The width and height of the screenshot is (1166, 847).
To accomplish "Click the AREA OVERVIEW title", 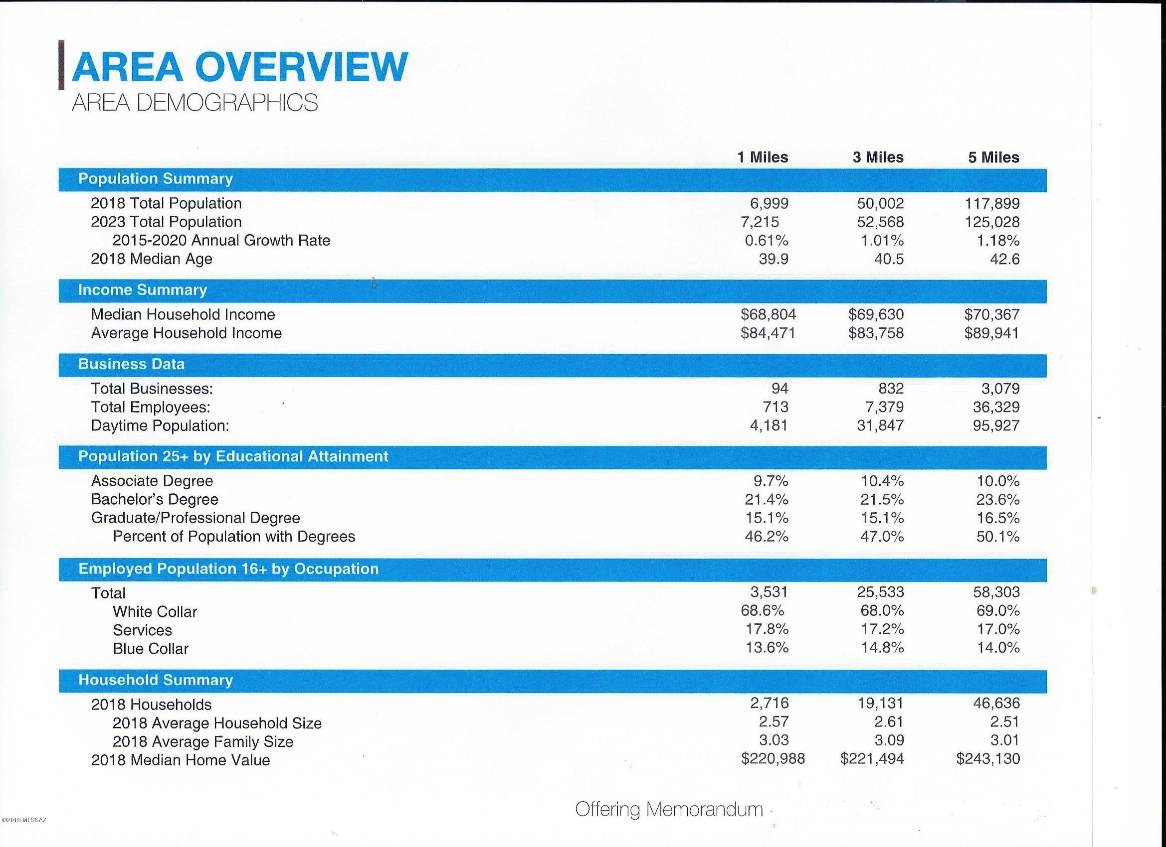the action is pos(239,66).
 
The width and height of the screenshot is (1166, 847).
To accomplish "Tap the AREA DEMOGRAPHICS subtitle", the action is pos(195,103).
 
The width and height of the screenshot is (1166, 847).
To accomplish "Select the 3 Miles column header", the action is pos(878,157).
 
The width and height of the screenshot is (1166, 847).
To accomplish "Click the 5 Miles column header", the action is pos(994,157).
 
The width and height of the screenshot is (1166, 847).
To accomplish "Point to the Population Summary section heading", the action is pos(155,179).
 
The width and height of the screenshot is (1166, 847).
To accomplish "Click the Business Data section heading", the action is pos(131,364).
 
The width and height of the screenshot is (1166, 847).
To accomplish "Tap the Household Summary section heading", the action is pos(155,680).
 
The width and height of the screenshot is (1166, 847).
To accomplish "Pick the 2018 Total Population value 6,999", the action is pos(769,203).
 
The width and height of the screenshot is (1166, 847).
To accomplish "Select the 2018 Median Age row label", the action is pos(152,260).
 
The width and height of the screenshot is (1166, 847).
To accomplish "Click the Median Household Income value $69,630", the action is pos(876,314).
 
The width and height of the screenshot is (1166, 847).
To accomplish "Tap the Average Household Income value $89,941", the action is pos(992,333).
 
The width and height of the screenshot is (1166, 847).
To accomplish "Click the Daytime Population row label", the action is pos(160,426).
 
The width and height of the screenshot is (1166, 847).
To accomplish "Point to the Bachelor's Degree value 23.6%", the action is pos(998,499).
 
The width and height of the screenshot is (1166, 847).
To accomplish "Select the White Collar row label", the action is pos(155,612).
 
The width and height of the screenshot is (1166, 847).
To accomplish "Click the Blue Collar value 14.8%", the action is pos(882,647).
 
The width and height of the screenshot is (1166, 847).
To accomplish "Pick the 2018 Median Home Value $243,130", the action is pos(988,759).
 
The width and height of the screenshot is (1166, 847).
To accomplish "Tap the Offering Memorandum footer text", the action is pos(669,810).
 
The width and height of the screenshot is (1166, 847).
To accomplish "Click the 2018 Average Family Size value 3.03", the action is pos(774,740).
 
